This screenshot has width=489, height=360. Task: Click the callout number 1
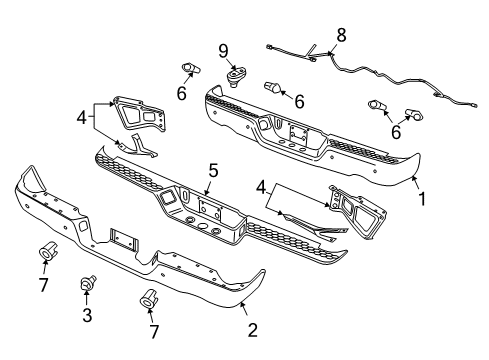(421, 197)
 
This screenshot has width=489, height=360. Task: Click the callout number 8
(341, 35)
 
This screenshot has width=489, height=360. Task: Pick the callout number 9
(225, 49)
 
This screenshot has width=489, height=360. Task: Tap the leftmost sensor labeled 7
(47, 251)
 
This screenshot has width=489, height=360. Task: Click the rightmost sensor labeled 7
(151, 298)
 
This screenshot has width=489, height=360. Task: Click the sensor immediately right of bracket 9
(271, 90)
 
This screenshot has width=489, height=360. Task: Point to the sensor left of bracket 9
(189, 68)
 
